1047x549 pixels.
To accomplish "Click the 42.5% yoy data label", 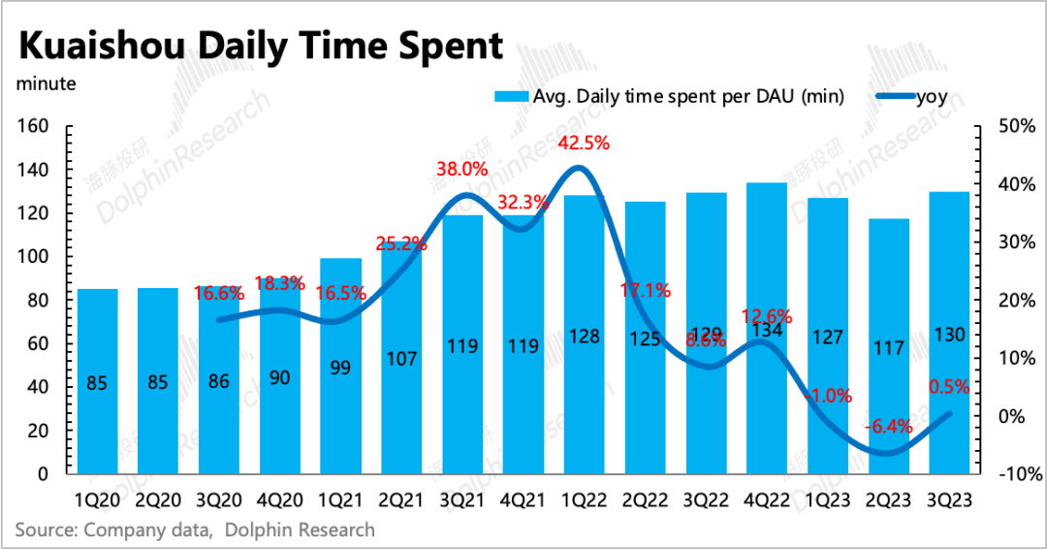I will pos(586,144).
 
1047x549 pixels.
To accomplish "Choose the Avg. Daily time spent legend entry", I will pos(669,96).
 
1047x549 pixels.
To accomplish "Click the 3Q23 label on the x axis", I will pos(949,501).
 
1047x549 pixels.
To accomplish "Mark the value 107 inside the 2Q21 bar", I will pos(400,358).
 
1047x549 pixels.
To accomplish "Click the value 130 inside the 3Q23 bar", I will pos(949,336).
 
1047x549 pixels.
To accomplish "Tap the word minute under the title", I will pos(46,83).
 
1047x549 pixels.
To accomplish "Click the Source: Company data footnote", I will pos(194,530).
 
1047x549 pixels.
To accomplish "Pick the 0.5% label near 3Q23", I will pos(949,386).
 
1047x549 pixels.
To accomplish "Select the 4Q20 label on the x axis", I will pos(280,501).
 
